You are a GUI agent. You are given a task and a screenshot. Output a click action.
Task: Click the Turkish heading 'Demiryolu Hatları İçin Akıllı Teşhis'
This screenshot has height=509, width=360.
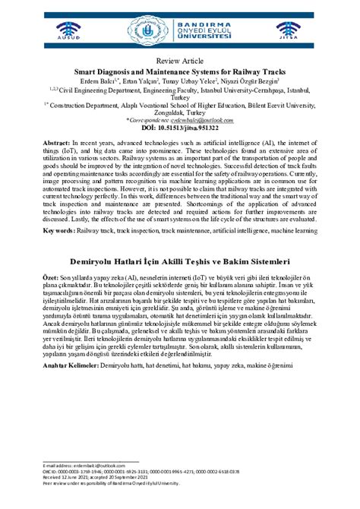click(x=179, y=260)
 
